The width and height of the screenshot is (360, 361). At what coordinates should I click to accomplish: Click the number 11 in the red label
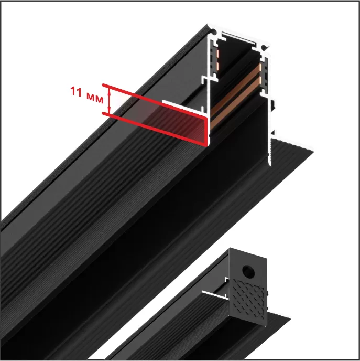[76, 91]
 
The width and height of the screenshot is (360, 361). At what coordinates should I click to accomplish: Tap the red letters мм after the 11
[95, 99]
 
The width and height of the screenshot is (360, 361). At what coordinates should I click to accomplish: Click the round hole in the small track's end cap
[248, 271]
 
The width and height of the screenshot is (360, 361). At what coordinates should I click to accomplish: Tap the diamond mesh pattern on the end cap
[249, 299]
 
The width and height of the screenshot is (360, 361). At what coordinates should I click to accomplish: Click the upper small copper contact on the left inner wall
[217, 54]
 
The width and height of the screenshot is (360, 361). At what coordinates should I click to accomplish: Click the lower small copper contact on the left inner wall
[217, 66]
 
